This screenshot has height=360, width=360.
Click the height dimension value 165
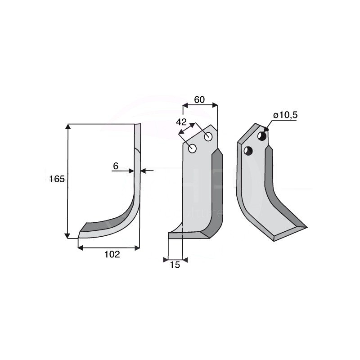[57, 179]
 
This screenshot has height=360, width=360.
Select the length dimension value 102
[112, 254]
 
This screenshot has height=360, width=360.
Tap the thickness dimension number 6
[116, 166]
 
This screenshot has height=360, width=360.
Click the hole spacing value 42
[181, 121]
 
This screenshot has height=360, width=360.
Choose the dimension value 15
[175, 265]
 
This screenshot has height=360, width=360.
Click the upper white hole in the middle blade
[208, 137]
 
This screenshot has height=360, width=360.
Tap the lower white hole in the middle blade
[192, 149]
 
